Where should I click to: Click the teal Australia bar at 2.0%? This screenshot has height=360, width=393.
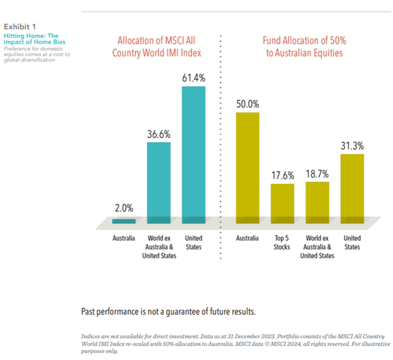click(x=123, y=220)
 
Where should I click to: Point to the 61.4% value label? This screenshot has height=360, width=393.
click(x=193, y=78)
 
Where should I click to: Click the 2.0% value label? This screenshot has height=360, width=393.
click(x=123, y=209)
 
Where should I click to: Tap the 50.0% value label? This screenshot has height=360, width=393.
click(x=247, y=104)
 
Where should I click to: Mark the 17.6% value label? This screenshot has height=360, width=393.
click(x=283, y=175)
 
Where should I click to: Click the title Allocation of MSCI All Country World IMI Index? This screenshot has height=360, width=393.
click(x=157, y=46)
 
